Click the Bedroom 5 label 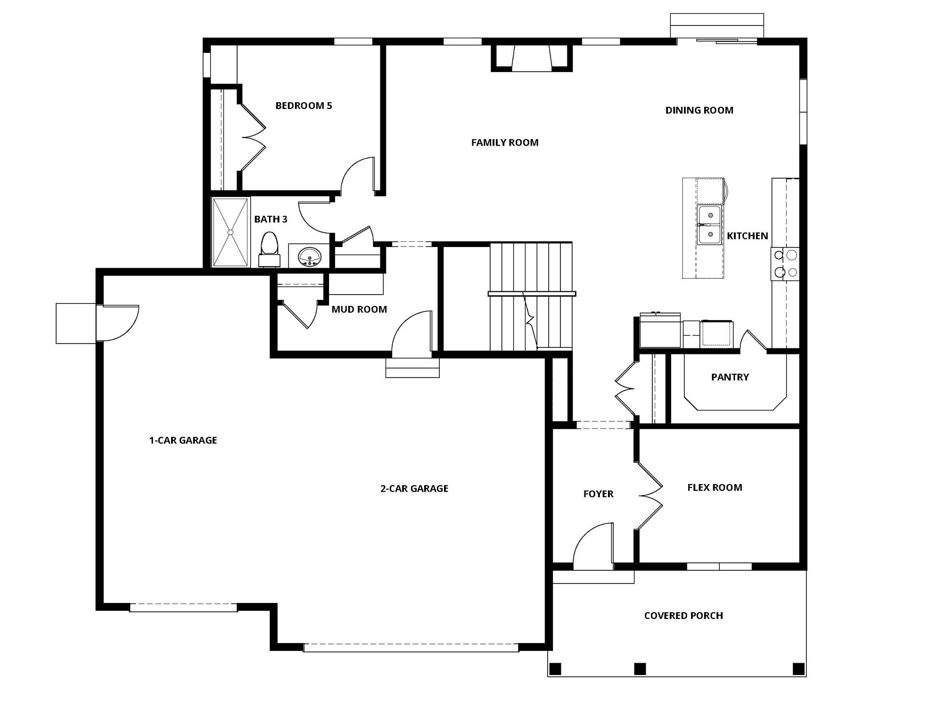(x=304, y=106)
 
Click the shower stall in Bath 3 (x=230, y=232)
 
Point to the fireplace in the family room (x=532, y=58)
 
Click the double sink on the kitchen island (x=709, y=225)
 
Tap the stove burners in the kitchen (x=785, y=263)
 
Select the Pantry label (x=730, y=377)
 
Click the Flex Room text (x=715, y=488)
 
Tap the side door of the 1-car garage (x=118, y=322)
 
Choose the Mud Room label (x=359, y=310)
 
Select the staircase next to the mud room (x=531, y=297)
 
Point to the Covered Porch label (x=683, y=616)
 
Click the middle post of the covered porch (x=640, y=668)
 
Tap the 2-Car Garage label (x=414, y=489)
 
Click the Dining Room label (x=699, y=110)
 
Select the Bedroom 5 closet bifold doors (x=253, y=137)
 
